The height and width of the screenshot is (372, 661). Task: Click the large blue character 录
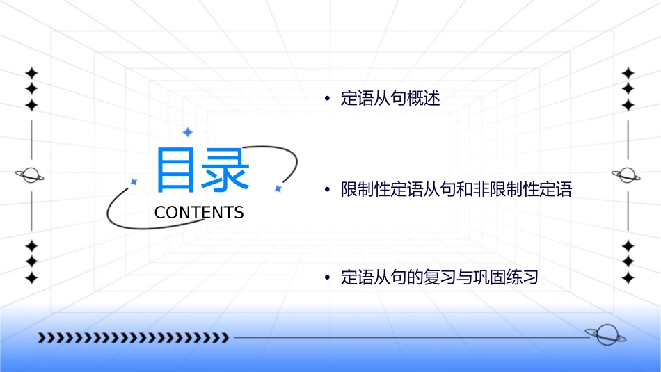[x=225, y=170]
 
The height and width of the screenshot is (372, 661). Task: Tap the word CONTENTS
[x=199, y=212]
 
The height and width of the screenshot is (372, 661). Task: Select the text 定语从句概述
[x=390, y=98]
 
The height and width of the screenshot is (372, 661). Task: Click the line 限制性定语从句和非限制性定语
[x=456, y=189]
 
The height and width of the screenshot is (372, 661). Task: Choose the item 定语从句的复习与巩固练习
[x=440, y=278]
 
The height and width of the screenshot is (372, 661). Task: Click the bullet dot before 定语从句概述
[x=327, y=99]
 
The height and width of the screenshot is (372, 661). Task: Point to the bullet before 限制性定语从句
[x=327, y=190]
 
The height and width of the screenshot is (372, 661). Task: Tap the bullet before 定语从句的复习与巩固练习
[x=327, y=279]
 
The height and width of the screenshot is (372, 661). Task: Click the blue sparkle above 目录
[x=186, y=132]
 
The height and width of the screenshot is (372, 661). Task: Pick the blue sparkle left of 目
[x=134, y=181]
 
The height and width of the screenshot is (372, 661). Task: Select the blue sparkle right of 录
[x=277, y=188]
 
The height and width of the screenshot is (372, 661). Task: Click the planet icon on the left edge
[x=31, y=175]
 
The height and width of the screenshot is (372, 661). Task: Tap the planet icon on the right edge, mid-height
[x=628, y=175]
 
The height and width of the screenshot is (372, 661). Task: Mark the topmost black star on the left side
[x=31, y=73]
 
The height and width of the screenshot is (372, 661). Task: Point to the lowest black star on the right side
[x=628, y=278]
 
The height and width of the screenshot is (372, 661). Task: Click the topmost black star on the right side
[x=628, y=73]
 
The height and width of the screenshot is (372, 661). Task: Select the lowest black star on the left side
[x=31, y=278]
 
